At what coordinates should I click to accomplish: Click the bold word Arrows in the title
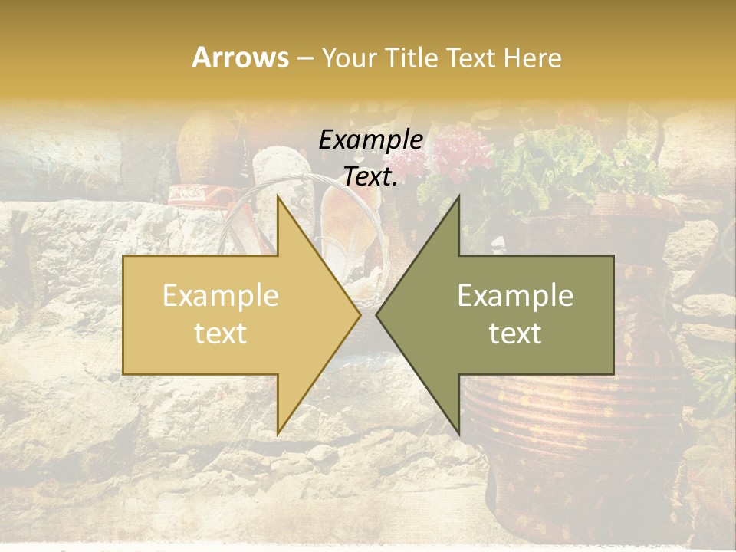(240, 58)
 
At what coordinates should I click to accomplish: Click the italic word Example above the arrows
(370, 140)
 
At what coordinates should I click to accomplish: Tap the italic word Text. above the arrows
(370, 176)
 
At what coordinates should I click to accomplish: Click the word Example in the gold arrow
(220, 296)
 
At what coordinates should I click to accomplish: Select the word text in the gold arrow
(220, 333)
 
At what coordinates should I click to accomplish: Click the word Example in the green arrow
(515, 296)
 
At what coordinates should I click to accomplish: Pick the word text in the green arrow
(515, 333)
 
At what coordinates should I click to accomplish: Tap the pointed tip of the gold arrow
(360, 315)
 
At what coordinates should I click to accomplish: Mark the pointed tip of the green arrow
(376, 315)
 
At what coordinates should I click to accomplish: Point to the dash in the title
(304, 58)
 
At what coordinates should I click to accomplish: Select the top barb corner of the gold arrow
(278, 196)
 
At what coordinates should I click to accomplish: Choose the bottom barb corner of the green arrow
(458, 434)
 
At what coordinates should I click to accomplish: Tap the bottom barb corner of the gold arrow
(278, 434)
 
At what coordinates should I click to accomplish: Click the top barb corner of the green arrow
(458, 196)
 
